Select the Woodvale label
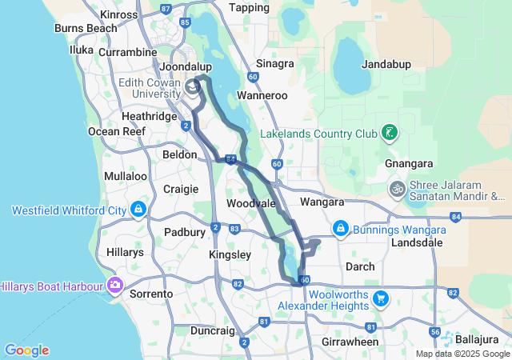[x=251, y=204]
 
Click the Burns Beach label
[x=86, y=28]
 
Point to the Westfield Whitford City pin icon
[x=138, y=210]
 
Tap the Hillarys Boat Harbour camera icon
[x=115, y=285]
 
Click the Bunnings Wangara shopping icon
[x=341, y=229]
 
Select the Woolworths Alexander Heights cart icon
[x=381, y=298]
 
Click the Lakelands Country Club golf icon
[x=388, y=132]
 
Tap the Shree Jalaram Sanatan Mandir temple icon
[x=397, y=189]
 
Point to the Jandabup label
[x=386, y=63]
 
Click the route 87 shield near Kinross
[x=166, y=8]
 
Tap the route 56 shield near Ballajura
[x=435, y=332]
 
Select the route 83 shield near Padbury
[x=234, y=229]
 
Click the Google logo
[x=26, y=350]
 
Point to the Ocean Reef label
[x=115, y=131]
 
